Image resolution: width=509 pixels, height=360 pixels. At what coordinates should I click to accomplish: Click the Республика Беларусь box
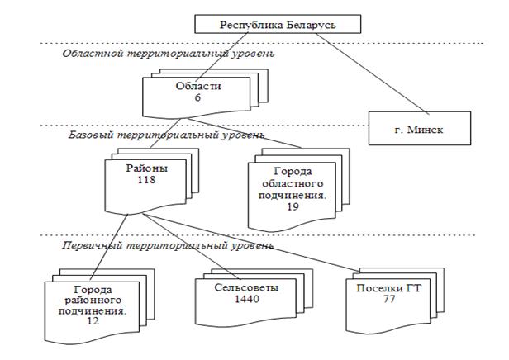click(277, 24)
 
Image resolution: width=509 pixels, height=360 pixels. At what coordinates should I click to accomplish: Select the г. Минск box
click(421, 130)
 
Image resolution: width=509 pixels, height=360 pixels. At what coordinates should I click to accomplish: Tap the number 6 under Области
click(197, 97)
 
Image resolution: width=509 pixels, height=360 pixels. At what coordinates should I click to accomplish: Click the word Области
click(197, 86)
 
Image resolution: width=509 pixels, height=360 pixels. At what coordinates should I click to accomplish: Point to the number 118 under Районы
click(146, 179)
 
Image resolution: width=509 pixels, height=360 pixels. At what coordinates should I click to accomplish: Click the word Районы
click(146, 168)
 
